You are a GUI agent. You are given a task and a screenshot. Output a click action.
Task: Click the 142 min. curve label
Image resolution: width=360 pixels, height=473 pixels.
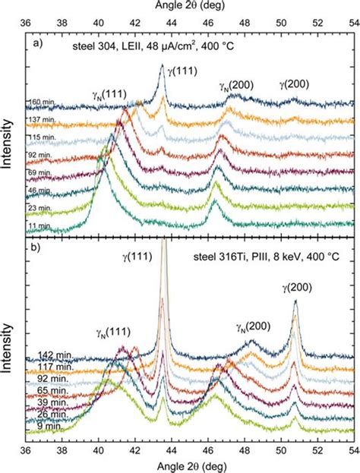(43, 356)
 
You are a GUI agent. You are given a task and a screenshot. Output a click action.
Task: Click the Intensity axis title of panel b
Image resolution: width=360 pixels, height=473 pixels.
(8, 341)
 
